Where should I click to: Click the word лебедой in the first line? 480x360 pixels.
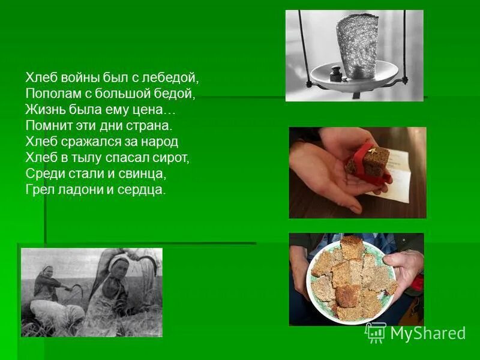click(174, 79)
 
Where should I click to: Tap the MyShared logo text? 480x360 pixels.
click(428, 334)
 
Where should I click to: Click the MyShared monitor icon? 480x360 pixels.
click(376, 332)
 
